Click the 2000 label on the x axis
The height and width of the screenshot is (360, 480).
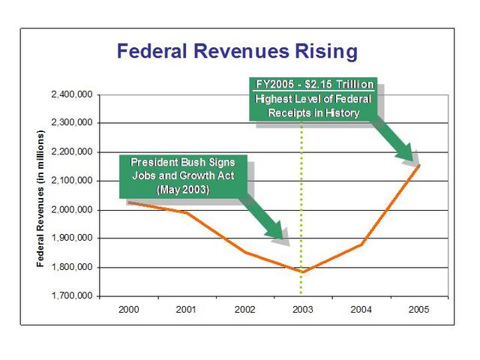pyautogui.click(x=129, y=308)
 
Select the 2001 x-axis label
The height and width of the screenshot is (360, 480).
pyautogui.click(x=187, y=308)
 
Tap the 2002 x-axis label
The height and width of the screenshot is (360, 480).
pyautogui.click(x=244, y=308)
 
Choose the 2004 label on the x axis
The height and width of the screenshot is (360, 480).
pyautogui.click(x=361, y=308)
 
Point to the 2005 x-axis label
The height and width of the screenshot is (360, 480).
pyautogui.click(x=418, y=308)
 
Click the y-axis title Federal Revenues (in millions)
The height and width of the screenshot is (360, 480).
pyautogui.click(x=42, y=198)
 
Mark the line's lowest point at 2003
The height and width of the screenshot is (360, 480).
pyautogui.click(x=302, y=271)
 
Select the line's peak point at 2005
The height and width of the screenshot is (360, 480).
pyautogui.click(x=418, y=164)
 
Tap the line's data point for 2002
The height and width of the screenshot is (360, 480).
pyautogui.click(x=244, y=252)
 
